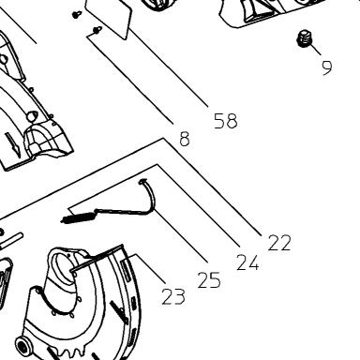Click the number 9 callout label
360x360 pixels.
327,67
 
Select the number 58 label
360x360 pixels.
226,121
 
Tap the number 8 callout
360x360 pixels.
185,139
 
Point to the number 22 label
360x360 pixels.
279,243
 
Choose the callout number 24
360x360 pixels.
247,262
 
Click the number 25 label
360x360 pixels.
209,280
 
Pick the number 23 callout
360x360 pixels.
173,296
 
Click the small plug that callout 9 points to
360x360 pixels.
304,38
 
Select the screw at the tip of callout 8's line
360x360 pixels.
97,30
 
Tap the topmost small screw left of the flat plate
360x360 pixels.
77,14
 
